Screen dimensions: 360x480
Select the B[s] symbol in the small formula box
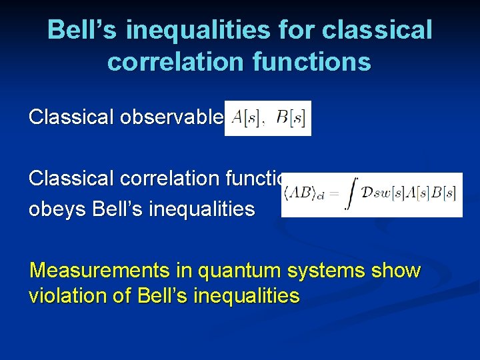click(x=293, y=118)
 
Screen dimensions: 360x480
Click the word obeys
click(x=57, y=209)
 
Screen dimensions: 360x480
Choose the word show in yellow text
click(x=399, y=271)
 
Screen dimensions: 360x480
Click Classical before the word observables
click(x=71, y=117)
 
